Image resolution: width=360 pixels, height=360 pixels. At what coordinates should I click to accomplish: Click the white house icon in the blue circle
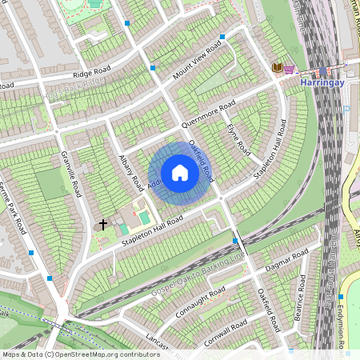[x=180, y=173]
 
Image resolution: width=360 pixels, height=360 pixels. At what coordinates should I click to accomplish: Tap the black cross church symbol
[x=103, y=225]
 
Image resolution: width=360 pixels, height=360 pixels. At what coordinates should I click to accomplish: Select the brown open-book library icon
[x=277, y=69]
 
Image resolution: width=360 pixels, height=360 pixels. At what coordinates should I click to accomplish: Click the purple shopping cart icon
[x=289, y=69]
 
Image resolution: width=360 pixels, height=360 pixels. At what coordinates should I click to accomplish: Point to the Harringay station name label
[x=322, y=82]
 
